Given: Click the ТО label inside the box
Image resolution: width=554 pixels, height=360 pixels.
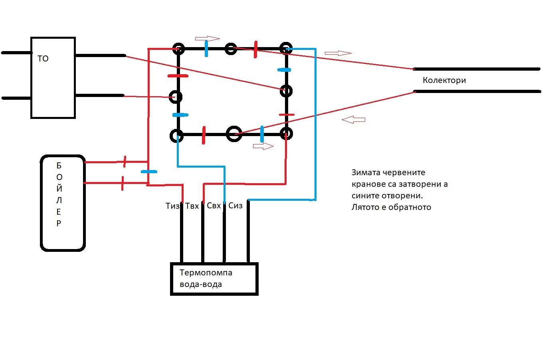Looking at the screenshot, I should pyautogui.click(x=43, y=59).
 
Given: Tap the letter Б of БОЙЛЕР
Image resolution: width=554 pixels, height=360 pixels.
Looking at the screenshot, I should pyautogui.click(x=59, y=166).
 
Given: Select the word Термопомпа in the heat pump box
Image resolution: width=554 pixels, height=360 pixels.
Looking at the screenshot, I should pyautogui.click(x=206, y=273).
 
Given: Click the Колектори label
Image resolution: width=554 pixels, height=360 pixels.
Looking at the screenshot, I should pyautogui.click(x=444, y=80).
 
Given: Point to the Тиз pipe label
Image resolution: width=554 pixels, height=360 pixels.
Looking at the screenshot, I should pyautogui.click(x=172, y=206).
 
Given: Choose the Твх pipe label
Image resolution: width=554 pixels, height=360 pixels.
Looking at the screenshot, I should pyautogui.click(x=192, y=206).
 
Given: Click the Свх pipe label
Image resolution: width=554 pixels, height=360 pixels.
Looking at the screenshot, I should pyautogui.click(x=214, y=206).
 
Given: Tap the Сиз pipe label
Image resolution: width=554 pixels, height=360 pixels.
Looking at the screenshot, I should pyautogui.click(x=235, y=206).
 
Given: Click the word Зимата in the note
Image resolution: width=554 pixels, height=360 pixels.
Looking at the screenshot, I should pyautogui.click(x=366, y=173).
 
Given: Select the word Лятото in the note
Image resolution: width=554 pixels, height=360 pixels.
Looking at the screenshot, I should pyautogui.click(x=365, y=208).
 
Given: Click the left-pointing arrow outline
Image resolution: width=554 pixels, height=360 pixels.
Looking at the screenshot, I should pyautogui.click(x=354, y=119).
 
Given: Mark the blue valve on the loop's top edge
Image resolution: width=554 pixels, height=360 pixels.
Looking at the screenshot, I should pyautogui.click(x=206, y=49).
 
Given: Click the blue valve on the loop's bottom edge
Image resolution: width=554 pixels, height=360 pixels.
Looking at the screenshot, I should pyautogui.click(x=262, y=134).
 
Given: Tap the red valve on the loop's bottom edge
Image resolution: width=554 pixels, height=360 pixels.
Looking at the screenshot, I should pyautogui.click(x=204, y=135).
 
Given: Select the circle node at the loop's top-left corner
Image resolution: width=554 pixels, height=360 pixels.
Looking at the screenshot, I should pyautogui.click(x=178, y=49).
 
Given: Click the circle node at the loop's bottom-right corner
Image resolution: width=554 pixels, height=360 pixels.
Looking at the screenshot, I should pyautogui.click(x=286, y=133).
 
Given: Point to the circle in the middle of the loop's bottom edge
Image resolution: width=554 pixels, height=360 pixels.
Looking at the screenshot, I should pyautogui.click(x=234, y=134).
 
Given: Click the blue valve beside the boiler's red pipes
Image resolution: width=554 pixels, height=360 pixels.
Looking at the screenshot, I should pyautogui.click(x=149, y=172).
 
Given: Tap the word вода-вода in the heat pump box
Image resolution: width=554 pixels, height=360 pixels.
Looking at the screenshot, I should pyautogui.click(x=201, y=285).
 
